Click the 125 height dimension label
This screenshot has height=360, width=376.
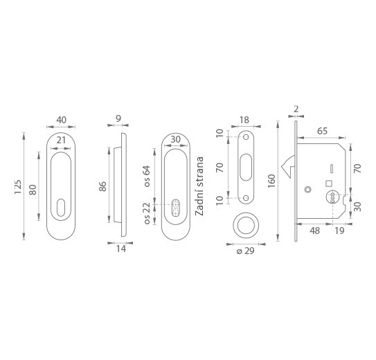coord(18,187)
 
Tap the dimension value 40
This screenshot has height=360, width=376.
coord(61,120)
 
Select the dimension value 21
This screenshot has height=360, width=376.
coord(61,140)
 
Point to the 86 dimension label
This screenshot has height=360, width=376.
coord(102,186)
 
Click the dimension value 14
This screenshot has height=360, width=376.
coord(121,249)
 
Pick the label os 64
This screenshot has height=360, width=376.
coord(147,176)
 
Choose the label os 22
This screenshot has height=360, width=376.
coord(147,213)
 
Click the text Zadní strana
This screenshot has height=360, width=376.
coord(199,186)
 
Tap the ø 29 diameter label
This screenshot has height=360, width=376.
coord(245,251)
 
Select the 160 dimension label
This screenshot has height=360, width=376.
coord(271,181)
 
